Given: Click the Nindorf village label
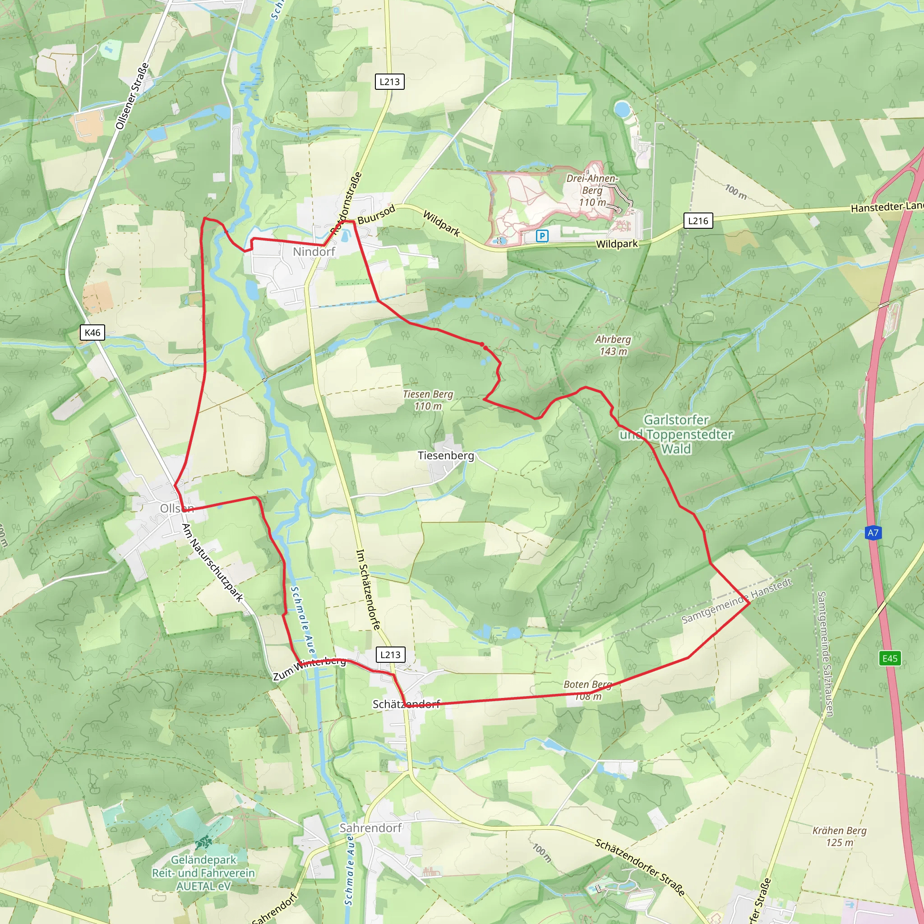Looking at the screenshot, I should [314, 252].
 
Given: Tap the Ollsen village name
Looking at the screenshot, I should [176, 508].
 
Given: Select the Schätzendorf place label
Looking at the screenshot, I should [406, 704].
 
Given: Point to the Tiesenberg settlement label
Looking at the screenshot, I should [446, 455].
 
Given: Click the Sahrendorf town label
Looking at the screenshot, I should [371, 827].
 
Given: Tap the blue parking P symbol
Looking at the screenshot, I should [542, 236].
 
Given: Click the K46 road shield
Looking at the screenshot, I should [92, 333].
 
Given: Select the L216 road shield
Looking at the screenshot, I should [698, 221].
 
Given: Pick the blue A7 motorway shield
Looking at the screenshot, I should [873, 533].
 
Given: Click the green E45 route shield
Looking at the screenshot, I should [890, 658].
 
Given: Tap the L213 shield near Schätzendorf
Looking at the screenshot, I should [390, 654].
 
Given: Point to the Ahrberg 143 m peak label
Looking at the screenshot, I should [613, 345].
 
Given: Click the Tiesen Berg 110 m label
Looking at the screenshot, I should [428, 400].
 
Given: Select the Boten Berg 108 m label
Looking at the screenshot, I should [587, 690].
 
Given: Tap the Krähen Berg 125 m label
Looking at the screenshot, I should [839, 836].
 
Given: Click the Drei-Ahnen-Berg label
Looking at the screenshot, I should [592, 190].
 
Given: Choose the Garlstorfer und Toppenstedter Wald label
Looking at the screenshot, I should [676, 434].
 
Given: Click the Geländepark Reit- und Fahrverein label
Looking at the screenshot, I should [204, 873].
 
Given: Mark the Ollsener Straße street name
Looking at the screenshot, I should [133, 96].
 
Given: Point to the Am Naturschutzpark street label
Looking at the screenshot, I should [213, 563].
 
